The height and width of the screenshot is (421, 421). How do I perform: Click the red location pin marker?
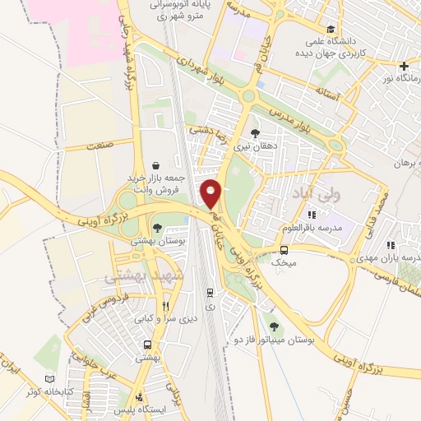[x=211, y=193]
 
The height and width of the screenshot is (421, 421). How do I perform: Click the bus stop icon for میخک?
[x=284, y=250]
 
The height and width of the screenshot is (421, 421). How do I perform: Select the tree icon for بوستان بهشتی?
[x=156, y=229]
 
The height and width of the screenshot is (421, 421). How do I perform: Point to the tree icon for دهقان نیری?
[x=255, y=132]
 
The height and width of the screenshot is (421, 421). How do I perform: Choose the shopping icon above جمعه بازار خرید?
[x=156, y=165]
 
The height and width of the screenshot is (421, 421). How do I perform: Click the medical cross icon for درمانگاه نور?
[x=403, y=66]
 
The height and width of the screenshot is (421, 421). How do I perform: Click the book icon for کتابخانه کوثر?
[x=51, y=379]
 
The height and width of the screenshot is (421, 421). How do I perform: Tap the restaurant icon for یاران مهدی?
[x=391, y=244]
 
